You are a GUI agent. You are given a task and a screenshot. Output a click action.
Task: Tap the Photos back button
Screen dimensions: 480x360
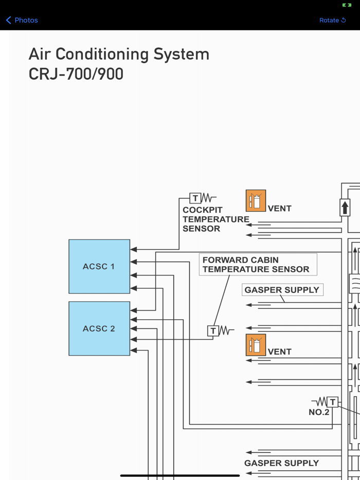pos(22,20)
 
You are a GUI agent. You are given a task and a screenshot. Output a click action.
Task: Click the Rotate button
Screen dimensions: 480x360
pos(332,20)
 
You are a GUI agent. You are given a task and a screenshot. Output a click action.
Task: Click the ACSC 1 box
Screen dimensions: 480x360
pos(99,266)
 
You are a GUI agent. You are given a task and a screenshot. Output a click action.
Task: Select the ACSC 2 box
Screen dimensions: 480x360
pos(99,328)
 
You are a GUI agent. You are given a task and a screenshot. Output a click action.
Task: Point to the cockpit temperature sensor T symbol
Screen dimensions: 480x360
pos(195,198)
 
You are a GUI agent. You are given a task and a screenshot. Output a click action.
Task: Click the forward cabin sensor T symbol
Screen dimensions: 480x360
pos(213,331)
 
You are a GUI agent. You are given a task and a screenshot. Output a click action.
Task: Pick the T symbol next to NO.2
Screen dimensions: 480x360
pos(333,402)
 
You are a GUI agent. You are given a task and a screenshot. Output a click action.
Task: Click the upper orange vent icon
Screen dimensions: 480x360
pos(256,201)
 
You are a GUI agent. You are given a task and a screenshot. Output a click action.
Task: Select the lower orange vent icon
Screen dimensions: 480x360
pos(256,345)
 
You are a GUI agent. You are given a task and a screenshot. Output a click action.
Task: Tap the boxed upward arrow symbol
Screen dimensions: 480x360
pos(345,208)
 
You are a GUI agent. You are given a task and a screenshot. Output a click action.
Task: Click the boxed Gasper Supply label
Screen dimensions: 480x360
pos(282,290)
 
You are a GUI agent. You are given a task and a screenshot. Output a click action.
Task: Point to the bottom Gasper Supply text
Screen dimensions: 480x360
pos(281,463)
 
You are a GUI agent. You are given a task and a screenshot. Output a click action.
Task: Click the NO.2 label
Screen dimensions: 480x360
pos(319,412)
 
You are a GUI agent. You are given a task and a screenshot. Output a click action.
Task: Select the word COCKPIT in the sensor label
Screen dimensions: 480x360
pos(203,210)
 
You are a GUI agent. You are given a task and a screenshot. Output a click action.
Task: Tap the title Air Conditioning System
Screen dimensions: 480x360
pos(119,54)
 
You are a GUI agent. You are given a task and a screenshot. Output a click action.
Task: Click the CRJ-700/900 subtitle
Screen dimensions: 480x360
pos(76,74)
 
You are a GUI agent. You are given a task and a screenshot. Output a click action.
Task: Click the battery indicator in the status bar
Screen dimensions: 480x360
pos(347,5)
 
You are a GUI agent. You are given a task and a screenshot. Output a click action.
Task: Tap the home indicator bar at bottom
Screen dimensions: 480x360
pos(180,475)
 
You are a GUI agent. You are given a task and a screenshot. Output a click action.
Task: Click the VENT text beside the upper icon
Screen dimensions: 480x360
pos(280,208)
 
